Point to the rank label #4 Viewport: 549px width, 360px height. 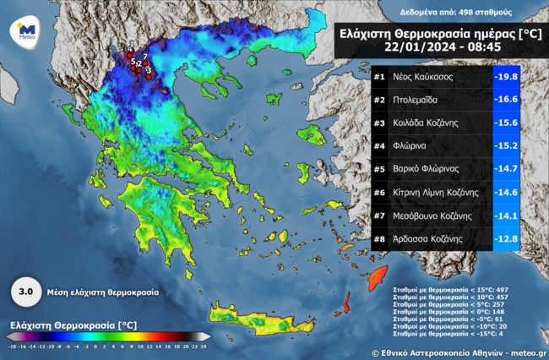pyautogui.click(x=380, y=146)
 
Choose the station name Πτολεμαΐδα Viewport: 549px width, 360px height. pyautogui.click(x=418, y=100)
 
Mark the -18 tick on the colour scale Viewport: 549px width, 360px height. pyautogui.click(x=13, y=346)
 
